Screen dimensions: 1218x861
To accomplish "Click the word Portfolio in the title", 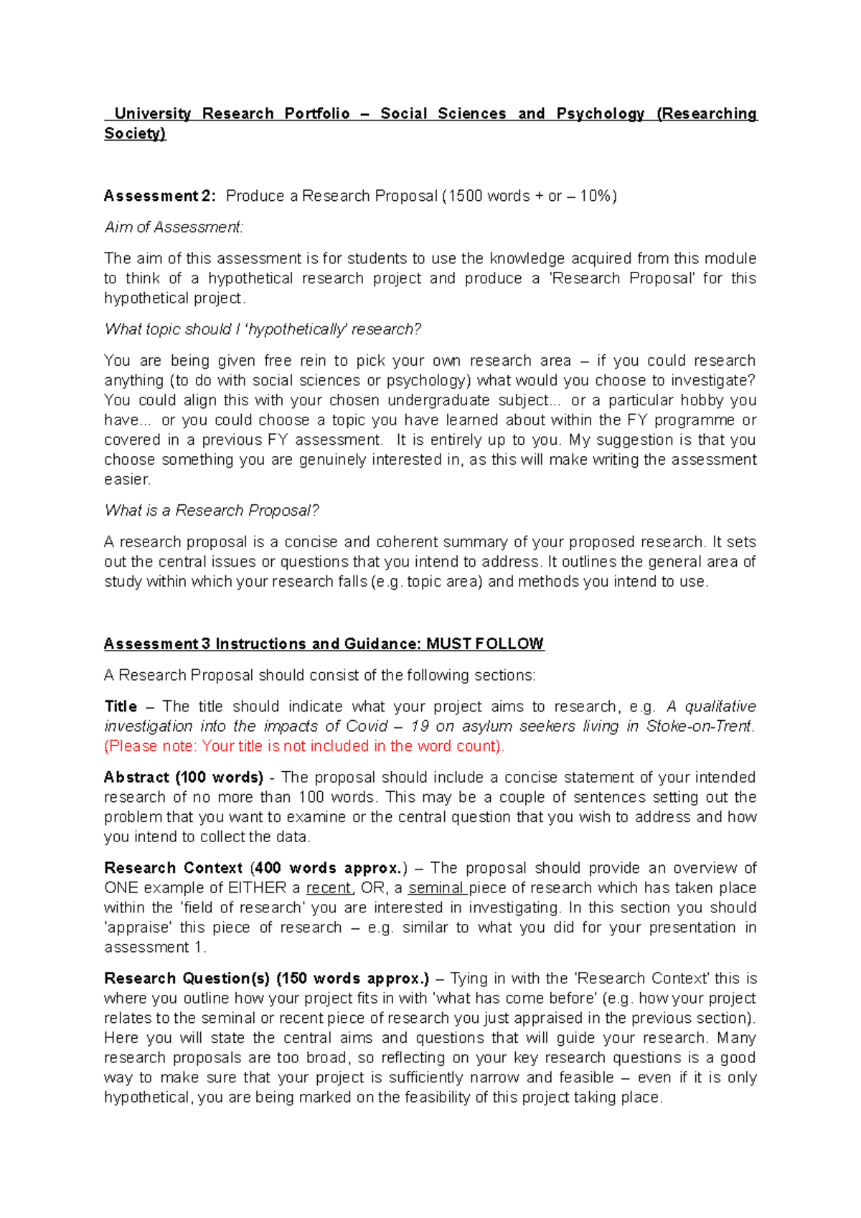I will coord(316,114).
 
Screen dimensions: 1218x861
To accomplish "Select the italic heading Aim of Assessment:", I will coord(174,227).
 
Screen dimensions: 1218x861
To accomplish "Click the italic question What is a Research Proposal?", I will coord(212,511).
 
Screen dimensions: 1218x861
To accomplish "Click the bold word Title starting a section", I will coord(121,707).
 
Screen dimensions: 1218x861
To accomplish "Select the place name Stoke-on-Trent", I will coord(699,727).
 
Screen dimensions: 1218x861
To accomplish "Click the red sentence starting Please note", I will coord(304,746).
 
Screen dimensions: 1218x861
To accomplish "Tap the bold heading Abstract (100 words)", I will coord(184,778).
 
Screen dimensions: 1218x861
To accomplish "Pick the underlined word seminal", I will coord(436,888).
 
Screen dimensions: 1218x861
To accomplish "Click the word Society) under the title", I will coord(135,133).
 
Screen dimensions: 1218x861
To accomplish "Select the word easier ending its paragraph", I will coord(126,479).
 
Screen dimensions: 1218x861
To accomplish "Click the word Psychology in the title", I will coord(600,114).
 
